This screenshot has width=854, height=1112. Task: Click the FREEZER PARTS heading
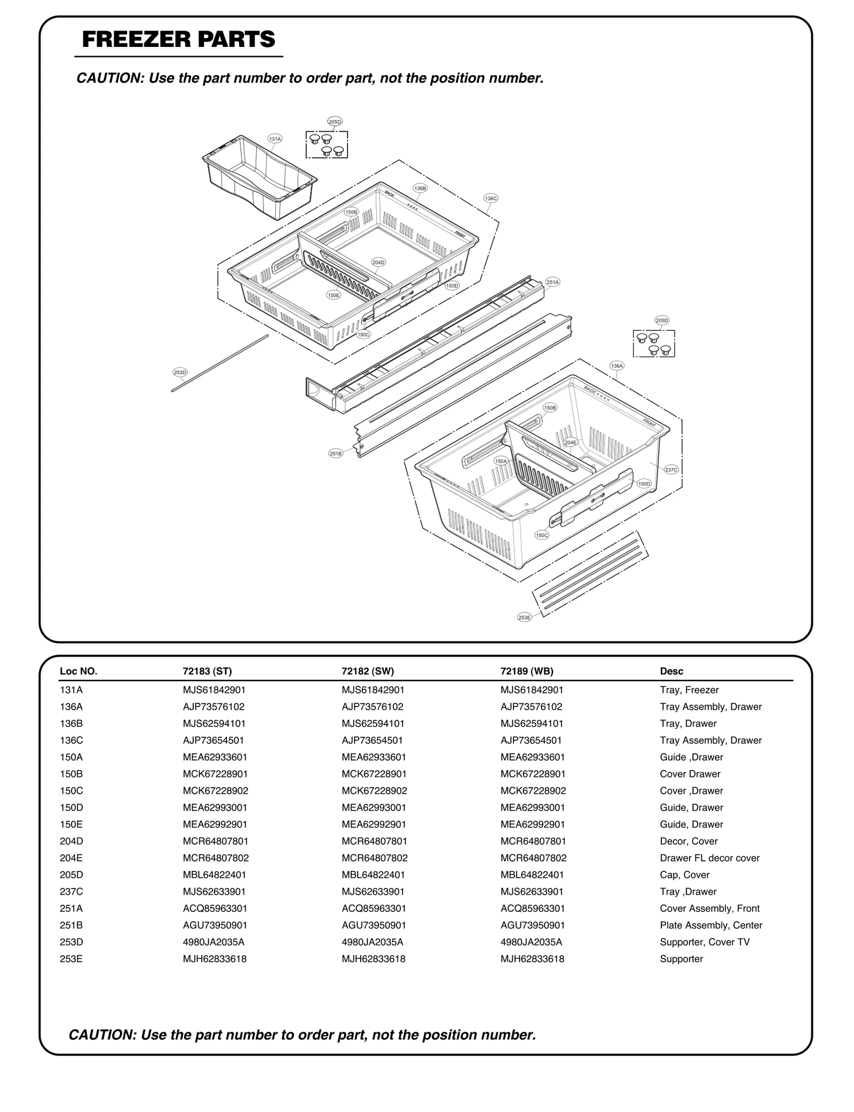click(178, 39)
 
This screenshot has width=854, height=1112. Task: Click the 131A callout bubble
click(275, 139)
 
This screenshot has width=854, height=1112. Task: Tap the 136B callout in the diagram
click(420, 188)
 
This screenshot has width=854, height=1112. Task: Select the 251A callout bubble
click(552, 282)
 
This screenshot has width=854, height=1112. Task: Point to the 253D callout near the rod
click(180, 372)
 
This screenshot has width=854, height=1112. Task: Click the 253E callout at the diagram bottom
click(525, 617)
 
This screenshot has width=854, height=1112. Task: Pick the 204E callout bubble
click(571, 442)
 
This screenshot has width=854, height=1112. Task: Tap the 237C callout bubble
click(671, 470)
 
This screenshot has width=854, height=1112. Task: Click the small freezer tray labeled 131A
click(259, 179)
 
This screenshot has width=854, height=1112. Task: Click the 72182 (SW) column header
click(368, 671)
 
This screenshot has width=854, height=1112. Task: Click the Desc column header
click(671, 671)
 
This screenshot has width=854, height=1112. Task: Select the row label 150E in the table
click(71, 824)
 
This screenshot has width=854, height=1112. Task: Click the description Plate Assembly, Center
click(711, 925)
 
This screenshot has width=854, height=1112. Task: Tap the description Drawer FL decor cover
click(709, 858)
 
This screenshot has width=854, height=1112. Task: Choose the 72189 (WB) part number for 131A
click(532, 690)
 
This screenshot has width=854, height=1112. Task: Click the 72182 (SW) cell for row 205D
click(373, 875)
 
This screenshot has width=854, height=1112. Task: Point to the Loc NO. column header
click(78, 671)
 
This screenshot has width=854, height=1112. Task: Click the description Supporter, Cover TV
click(705, 942)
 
